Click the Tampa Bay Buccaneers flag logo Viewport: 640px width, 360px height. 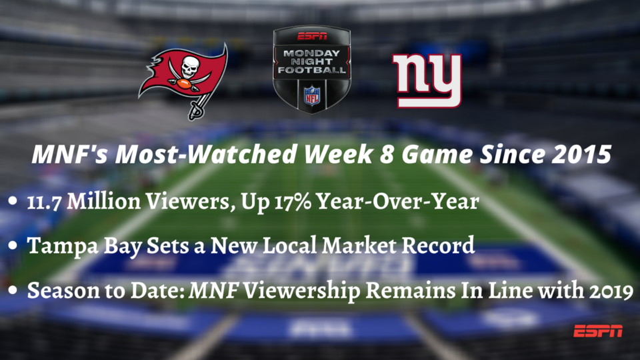coord(184,79)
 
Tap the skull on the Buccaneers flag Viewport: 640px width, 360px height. coord(190,67)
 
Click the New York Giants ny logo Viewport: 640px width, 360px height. coord(427,81)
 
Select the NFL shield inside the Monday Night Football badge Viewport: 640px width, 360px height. coord(311,95)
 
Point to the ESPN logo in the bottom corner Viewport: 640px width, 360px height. coord(598,331)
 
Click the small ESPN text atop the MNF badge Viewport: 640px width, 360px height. coord(312,36)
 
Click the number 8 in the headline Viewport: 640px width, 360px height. coord(387,154)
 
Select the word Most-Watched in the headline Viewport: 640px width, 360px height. coord(206,154)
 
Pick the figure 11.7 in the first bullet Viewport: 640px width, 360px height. coord(44,201)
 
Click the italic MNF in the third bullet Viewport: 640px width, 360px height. coord(214,290)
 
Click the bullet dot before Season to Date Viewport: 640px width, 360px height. coord(13,290)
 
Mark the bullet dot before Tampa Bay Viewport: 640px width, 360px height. coord(13,245)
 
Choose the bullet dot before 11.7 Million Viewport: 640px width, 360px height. coord(13,201)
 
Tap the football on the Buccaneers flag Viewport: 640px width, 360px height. coord(184,85)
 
